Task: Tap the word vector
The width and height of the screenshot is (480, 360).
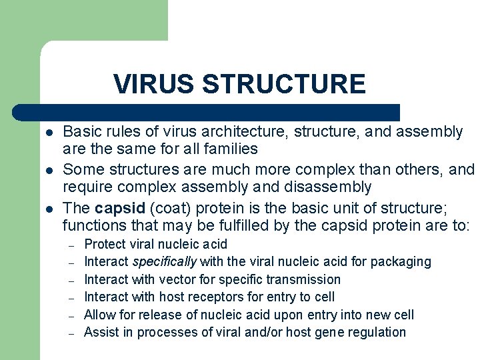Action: click(176, 279)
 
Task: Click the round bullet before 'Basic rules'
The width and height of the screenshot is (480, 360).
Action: click(49, 133)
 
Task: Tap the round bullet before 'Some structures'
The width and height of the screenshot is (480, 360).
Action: click(49, 171)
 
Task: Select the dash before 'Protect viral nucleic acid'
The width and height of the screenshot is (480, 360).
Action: click(71, 245)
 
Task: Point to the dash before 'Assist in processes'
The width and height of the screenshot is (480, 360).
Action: click(71, 333)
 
